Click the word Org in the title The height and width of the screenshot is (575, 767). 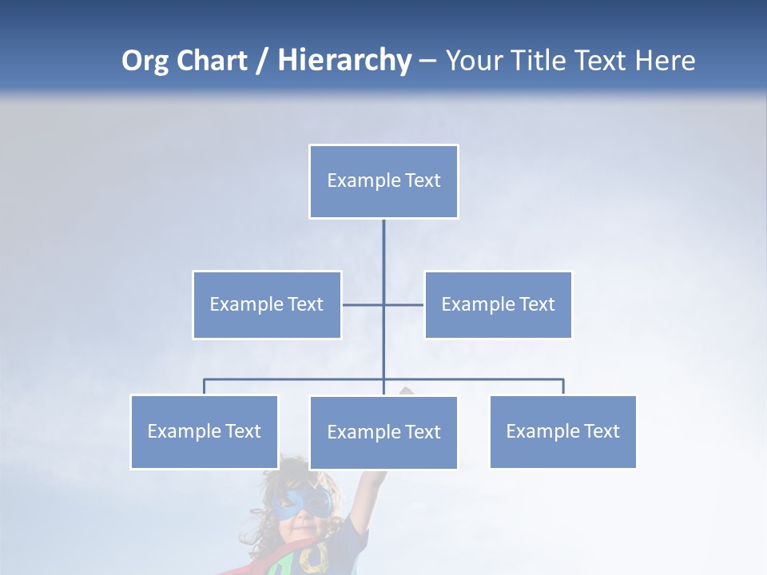coord(145,61)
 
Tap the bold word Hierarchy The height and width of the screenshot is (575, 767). coord(344,61)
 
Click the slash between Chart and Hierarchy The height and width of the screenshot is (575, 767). coord(262,61)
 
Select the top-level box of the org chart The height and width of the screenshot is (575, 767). coord(383,181)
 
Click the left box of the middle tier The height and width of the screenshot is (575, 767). coord(267,304)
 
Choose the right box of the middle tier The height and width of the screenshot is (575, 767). coord(498,304)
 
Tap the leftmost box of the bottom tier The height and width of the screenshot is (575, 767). coord(204,431)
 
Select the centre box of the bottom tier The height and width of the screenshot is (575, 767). coord(383,432)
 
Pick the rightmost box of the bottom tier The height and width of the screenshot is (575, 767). coord(562,431)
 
